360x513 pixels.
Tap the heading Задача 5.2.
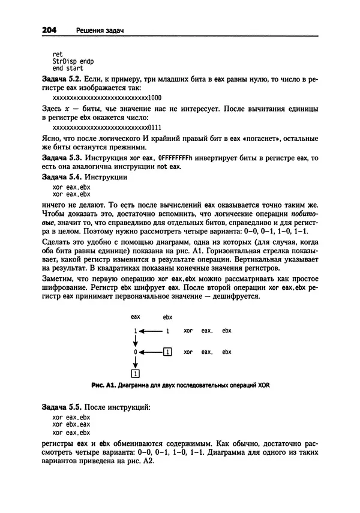coord(62,79)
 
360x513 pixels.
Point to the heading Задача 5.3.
coord(62,157)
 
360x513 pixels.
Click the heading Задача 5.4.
coord(62,177)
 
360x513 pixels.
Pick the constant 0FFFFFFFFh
coord(185,158)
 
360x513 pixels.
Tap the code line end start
coord(67,69)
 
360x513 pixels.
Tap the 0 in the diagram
coord(136,352)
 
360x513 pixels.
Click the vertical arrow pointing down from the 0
coord(136,362)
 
